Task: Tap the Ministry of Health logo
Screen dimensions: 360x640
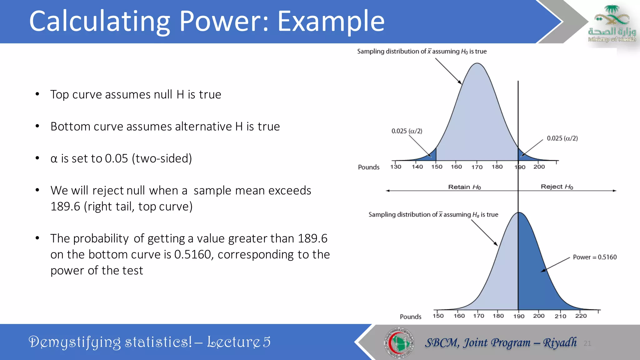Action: tap(612, 24)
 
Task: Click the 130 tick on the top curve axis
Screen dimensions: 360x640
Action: tap(396, 167)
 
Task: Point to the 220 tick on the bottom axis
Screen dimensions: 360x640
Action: tap(581, 316)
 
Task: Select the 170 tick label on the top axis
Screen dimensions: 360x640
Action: tap(477, 167)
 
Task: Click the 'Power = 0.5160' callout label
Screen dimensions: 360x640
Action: tap(595, 257)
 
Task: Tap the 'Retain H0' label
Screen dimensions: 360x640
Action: tap(464, 187)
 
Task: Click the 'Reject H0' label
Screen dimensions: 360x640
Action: tap(557, 187)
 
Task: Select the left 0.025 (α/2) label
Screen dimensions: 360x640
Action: tap(407, 131)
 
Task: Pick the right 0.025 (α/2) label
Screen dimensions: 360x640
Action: tap(562, 138)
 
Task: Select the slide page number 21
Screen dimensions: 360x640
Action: tap(587, 343)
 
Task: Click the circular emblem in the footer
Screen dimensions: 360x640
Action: tap(399, 342)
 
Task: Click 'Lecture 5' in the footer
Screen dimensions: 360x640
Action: tap(239, 342)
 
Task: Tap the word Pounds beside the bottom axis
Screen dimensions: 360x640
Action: tap(410, 317)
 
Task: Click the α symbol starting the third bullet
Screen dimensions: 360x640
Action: tap(54, 159)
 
